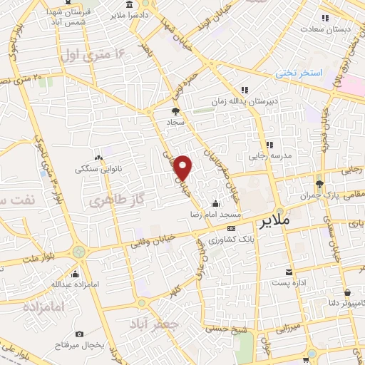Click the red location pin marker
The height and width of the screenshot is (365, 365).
click(184, 168)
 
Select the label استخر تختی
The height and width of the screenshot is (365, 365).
click(302, 73)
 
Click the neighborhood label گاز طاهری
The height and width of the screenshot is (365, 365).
click(112, 201)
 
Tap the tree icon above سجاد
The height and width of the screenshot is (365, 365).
click(175, 111)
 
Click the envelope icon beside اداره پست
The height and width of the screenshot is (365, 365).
click(289, 272)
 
